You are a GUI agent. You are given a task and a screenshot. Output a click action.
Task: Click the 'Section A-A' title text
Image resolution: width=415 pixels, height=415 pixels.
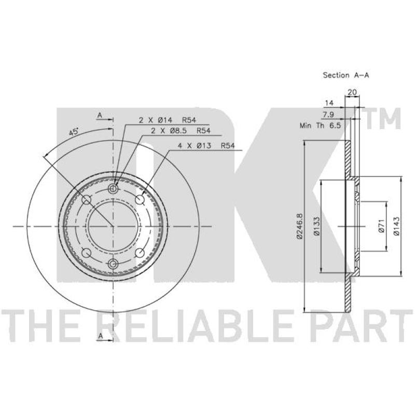[345, 75]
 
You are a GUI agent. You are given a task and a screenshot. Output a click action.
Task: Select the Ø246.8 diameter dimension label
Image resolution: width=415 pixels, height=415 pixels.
[299, 227]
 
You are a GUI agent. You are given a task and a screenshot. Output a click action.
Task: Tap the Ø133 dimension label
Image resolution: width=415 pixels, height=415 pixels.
[317, 226]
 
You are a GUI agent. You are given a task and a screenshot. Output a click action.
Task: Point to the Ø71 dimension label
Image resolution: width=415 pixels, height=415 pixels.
[381, 227]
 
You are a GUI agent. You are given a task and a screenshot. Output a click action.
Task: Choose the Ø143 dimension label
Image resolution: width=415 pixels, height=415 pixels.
[396, 226]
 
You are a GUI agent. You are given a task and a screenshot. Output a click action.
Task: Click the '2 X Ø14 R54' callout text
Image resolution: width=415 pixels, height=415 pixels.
[167, 120]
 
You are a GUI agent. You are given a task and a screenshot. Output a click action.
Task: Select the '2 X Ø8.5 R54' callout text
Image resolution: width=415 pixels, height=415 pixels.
[181, 131]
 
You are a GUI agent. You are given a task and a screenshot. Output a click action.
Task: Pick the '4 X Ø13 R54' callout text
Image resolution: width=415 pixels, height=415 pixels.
[206, 145]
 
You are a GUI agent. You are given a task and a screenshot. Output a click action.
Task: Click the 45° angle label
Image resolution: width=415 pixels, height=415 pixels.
[74, 132]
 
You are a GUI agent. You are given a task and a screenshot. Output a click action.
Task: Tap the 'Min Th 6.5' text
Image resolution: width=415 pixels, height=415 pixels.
[320, 126]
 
